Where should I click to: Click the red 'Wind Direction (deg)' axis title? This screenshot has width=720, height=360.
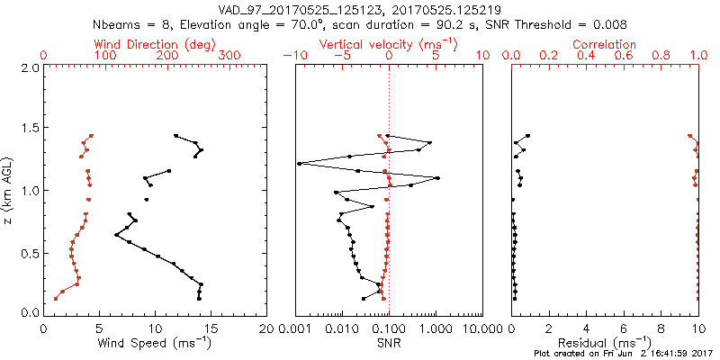[x=156, y=44]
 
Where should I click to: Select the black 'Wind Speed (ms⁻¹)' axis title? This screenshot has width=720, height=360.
[x=156, y=342]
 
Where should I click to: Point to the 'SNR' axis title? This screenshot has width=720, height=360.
[x=389, y=342]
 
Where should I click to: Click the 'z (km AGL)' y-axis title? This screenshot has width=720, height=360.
[x=8, y=190]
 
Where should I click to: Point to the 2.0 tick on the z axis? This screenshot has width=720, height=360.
[x=30, y=67]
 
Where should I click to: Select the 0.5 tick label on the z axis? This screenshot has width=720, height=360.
[x=30, y=252]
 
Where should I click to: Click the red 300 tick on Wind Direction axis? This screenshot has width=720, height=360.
[x=230, y=56]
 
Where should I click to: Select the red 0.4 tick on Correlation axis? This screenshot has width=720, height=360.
[x=587, y=56]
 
